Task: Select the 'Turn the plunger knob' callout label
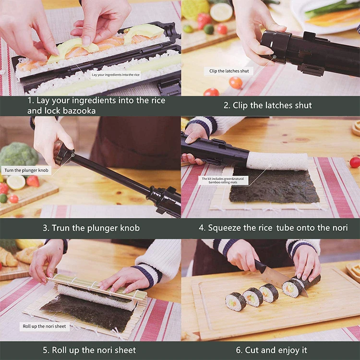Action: point(26,170)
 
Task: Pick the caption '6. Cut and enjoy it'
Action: point(271,350)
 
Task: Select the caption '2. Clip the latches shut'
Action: point(267,105)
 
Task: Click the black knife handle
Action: point(261,265)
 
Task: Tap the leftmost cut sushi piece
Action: point(236,301)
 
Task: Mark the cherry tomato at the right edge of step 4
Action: point(355,162)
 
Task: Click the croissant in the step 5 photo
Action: point(8,257)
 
